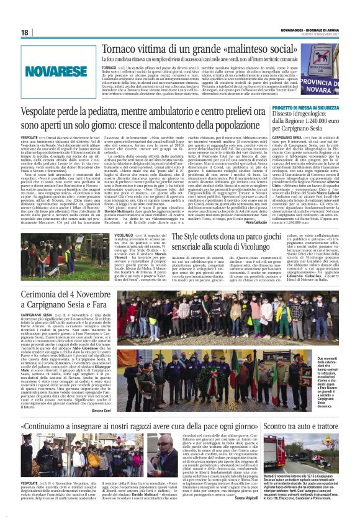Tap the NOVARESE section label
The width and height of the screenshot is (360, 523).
pyautogui.click(x=53, y=71)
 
